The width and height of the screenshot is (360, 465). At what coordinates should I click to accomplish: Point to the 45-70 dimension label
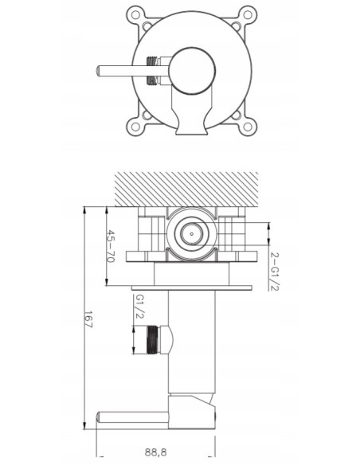point(112,248)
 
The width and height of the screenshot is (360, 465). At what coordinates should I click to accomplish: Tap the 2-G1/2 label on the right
point(275,270)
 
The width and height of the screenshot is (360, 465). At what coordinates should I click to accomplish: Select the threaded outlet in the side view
point(158,339)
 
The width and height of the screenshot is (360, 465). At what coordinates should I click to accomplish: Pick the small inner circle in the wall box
point(190,233)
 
